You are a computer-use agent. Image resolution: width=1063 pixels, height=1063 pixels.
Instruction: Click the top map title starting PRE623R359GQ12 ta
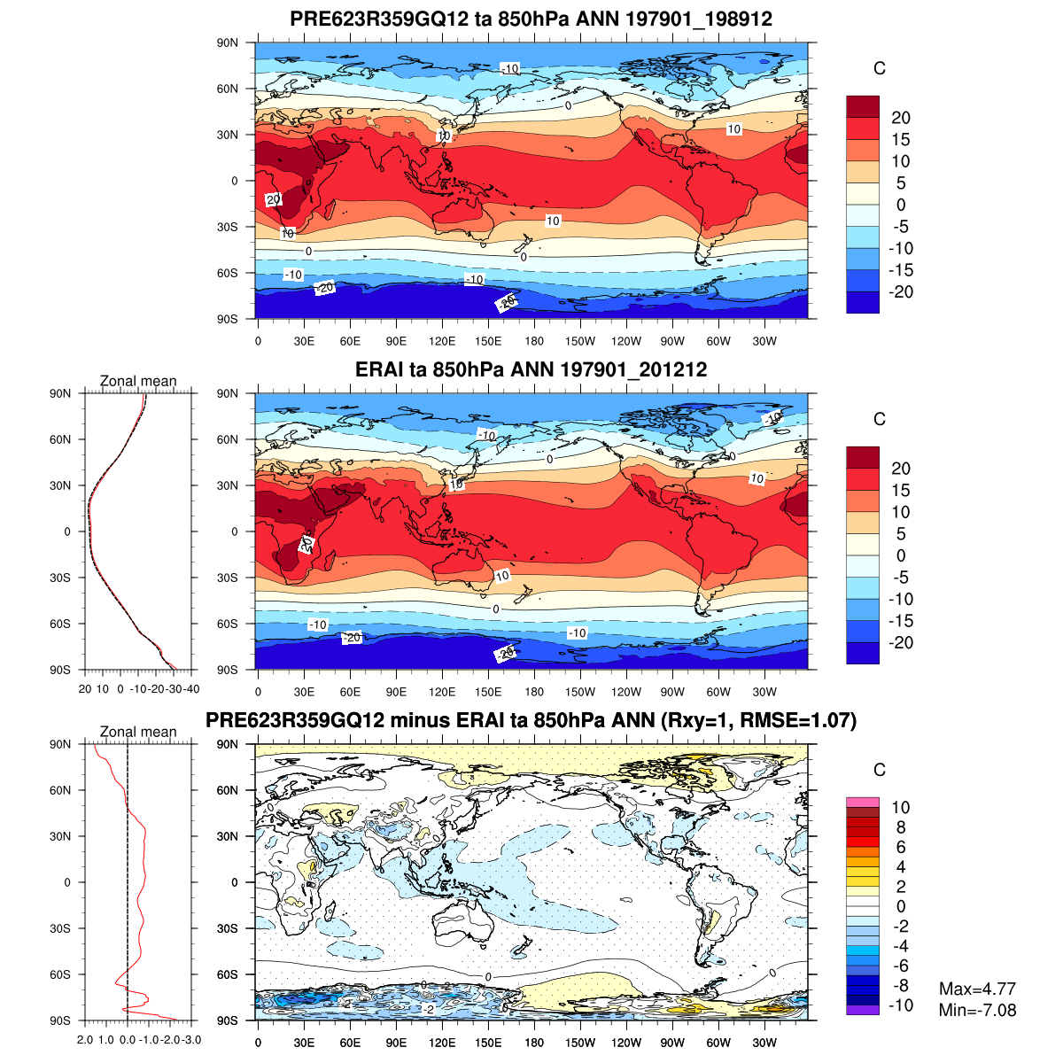pyautogui.click(x=531, y=19)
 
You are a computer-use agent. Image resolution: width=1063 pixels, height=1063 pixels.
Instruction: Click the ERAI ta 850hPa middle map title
pyautogui.click(x=531, y=370)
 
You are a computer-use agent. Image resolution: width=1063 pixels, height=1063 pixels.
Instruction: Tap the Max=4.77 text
pyautogui.click(x=977, y=989)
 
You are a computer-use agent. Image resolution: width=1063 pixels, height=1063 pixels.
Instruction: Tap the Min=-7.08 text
pyautogui.click(x=977, y=1011)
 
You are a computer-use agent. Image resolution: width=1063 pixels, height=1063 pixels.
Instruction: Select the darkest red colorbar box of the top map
pyautogui.click(x=863, y=106)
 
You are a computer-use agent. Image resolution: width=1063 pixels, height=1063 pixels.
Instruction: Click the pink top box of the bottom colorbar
pyautogui.click(x=863, y=802)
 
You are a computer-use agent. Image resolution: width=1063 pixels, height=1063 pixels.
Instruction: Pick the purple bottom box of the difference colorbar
pyautogui.click(x=863, y=1010)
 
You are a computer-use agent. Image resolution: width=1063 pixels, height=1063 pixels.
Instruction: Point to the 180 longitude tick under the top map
pyautogui.click(x=534, y=342)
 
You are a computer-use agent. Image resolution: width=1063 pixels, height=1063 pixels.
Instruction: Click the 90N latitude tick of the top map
pyautogui.click(x=228, y=43)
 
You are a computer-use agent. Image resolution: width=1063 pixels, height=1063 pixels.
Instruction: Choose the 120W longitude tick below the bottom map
pyautogui.click(x=626, y=1044)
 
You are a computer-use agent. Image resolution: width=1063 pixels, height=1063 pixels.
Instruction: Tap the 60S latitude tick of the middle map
pyautogui.click(x=228, y=624)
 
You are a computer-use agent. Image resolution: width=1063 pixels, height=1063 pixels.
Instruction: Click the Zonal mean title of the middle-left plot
pyautogui.click(x=138, y=382)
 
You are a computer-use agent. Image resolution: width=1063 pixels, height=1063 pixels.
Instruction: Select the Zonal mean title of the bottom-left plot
pyautogui.click(x=138, y=733)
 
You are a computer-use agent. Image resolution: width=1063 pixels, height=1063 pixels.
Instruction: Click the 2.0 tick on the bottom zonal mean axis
pyautogui.click(x=86, y=1040)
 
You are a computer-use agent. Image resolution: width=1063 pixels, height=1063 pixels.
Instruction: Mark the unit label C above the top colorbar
pyautogui.click(x=879, y=69)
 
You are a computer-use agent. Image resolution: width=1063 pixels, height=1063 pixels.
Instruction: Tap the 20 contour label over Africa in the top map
pyautogui.click(x=274, y=199)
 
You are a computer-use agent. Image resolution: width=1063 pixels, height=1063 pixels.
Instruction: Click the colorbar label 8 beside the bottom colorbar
pyautogui.click(x=900, y=827)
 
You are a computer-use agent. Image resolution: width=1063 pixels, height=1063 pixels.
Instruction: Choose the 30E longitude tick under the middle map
pyautogui.click(x=304, y=693)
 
